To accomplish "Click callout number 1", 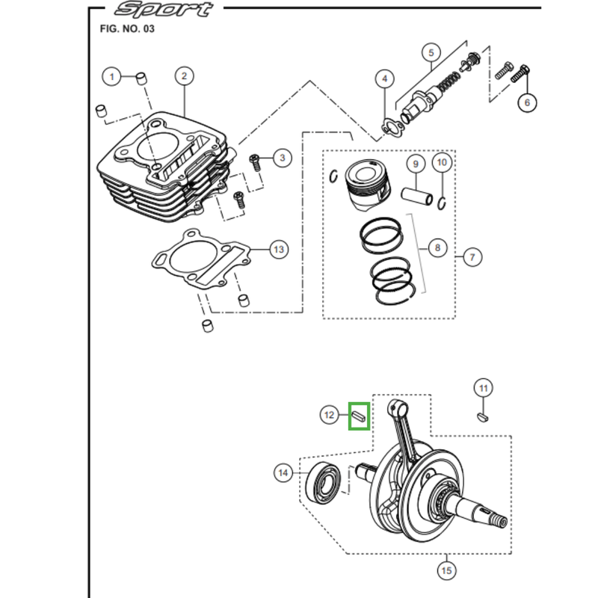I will tap(111, 76).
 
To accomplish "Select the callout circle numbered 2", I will tap(184, 75).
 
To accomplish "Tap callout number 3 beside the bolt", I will tap(283, 158).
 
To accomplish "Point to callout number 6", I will tap(527, 102).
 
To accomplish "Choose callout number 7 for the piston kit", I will tap(472, 258).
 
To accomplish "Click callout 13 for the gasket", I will tap(278, 249).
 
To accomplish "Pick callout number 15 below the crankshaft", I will tap(447, 571).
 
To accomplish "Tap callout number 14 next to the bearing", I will tap(283, 472).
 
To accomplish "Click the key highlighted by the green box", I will tap(359, 415).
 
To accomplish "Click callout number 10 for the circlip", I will tap(442, 162).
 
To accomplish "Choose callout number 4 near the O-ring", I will tap(384, 78).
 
